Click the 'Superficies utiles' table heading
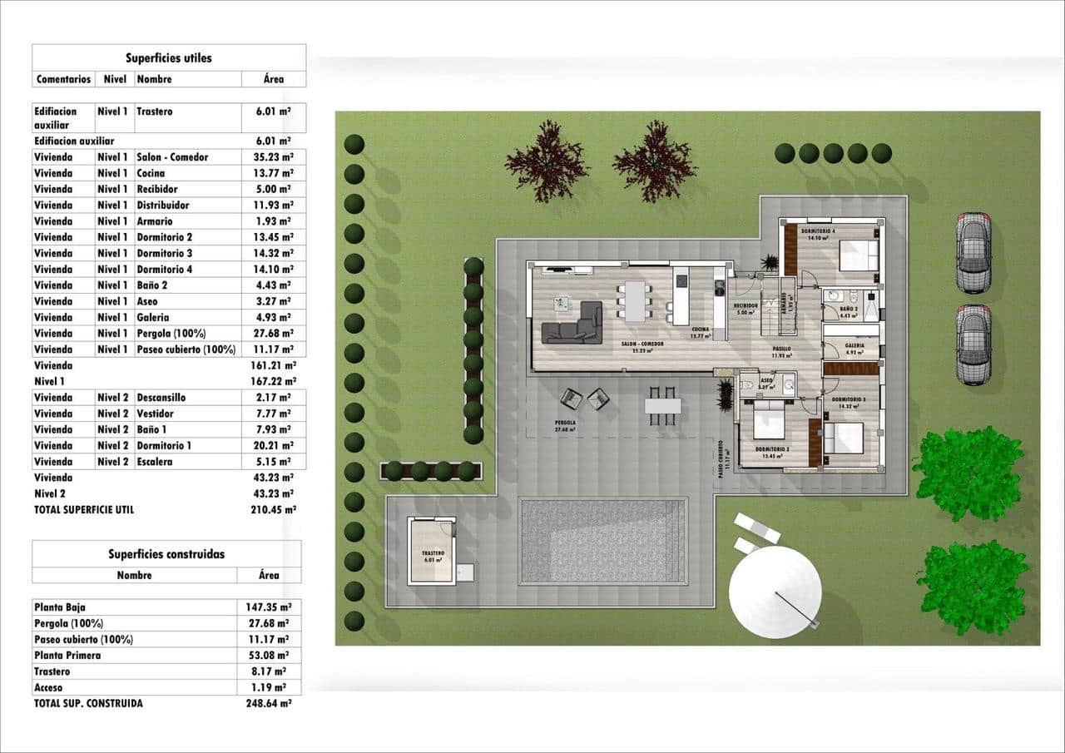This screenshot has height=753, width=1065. tap(168, 58)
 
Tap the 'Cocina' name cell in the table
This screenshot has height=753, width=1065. tap(151, 173)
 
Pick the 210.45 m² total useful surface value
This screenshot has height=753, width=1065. tap(274, 509)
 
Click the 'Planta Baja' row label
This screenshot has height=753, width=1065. tap(60, 607)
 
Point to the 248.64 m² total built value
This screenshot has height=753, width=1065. tap(273, 703)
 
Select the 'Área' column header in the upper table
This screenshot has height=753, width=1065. tap(273, 79)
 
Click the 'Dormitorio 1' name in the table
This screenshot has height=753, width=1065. tap(164, 445)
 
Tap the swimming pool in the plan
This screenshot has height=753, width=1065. tap(603, 540)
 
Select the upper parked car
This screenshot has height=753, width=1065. tap(973, 252)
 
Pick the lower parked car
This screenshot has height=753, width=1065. tap(973, 344)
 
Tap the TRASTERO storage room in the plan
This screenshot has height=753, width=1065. tap(432, 551)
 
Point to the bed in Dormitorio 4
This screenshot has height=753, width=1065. tap(857, 255)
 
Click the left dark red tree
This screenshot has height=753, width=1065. tap(547, 161)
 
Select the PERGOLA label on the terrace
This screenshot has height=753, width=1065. tap(566, 423)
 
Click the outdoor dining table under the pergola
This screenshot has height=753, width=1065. tap(662, 406)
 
